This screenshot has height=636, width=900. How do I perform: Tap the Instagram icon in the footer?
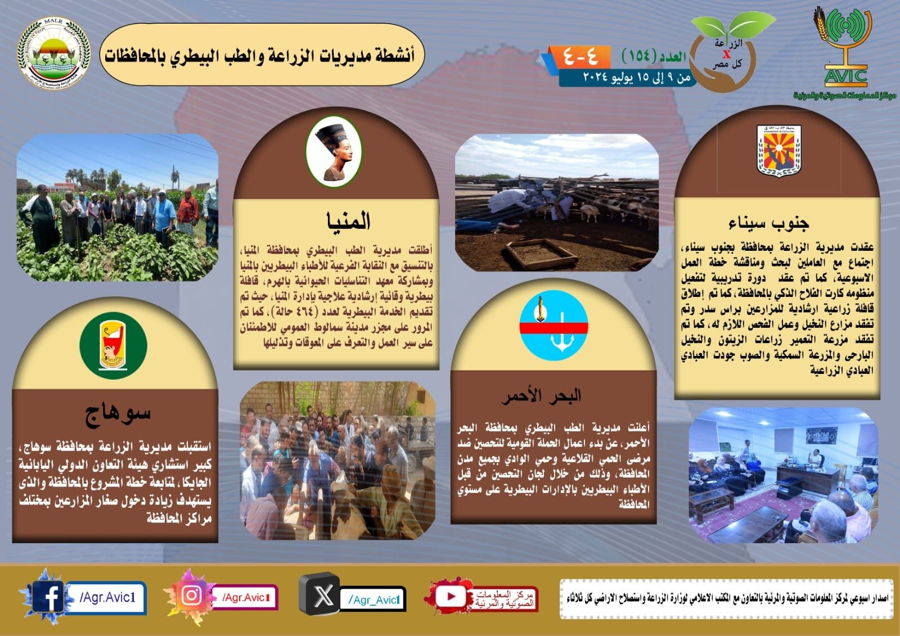(x=192, y=596)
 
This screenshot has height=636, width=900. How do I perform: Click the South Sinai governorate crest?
(x=778, y=149)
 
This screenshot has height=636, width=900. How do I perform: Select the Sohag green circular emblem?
(x=113, y=345)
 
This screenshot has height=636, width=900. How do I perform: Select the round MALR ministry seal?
(x=53, y=55)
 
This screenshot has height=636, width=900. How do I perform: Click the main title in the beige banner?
(x=260, y=56)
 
